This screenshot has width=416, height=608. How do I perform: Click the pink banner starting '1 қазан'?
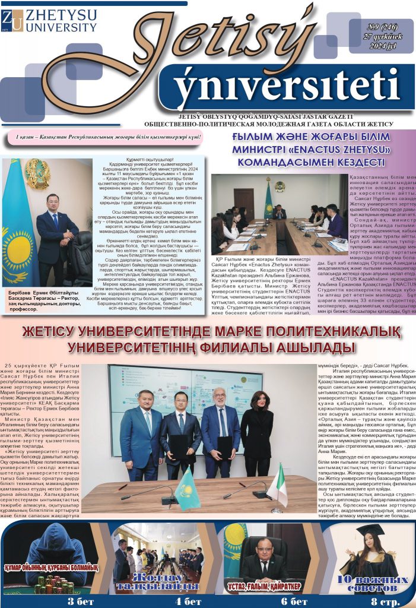[109, 138]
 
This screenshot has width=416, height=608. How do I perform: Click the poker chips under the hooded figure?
[53, 584]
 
